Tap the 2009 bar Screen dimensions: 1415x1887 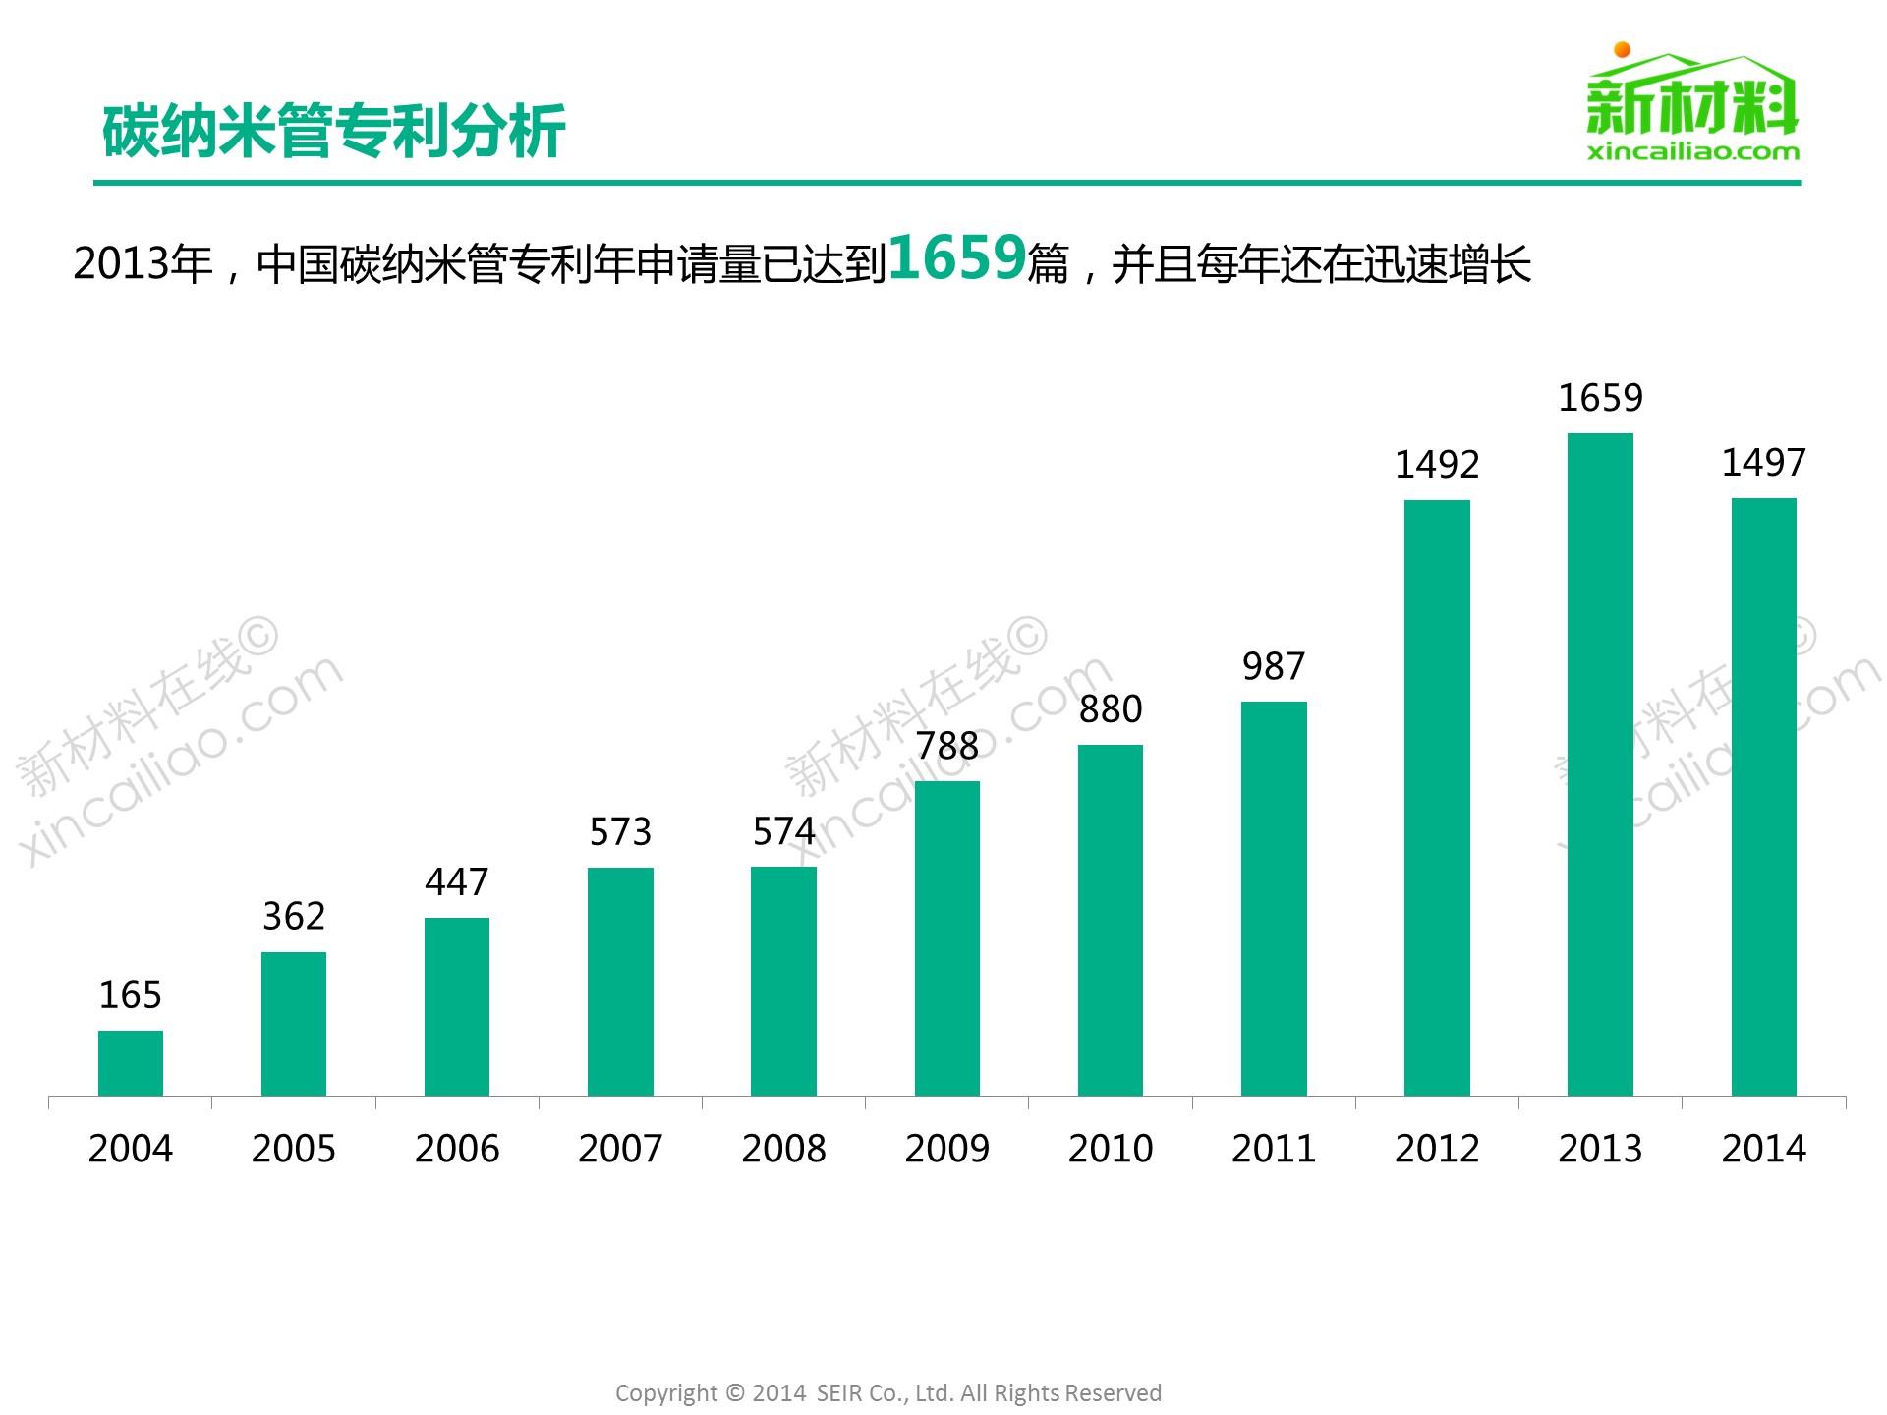tap(946, 938)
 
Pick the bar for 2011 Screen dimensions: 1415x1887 tap(1274, 898)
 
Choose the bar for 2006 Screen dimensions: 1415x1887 tap(457, 1006)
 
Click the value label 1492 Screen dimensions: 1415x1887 tap(1437, 465)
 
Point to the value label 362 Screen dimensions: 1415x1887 tap(294, 917)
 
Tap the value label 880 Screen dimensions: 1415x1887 tap(1111, 709)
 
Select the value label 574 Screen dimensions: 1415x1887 tap(783, 832)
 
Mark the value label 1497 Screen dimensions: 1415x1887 tap(1763, 463)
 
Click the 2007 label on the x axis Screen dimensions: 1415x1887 tap(620, 1149)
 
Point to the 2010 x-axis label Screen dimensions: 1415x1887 tap(1111, 1149)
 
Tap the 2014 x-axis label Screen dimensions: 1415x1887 tap(1763, 1149)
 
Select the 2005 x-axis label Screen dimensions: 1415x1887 tap(294, 1149)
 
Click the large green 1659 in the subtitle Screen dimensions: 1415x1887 tap(957, 258)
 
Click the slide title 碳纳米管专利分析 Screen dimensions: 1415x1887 tap(334, 132)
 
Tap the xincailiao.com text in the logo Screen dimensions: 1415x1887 tap(1692, 151)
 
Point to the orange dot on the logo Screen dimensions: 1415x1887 tap(1623, 49)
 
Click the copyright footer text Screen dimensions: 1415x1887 tap(888, 1392)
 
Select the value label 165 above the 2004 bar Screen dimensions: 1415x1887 tap(131, 995)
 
